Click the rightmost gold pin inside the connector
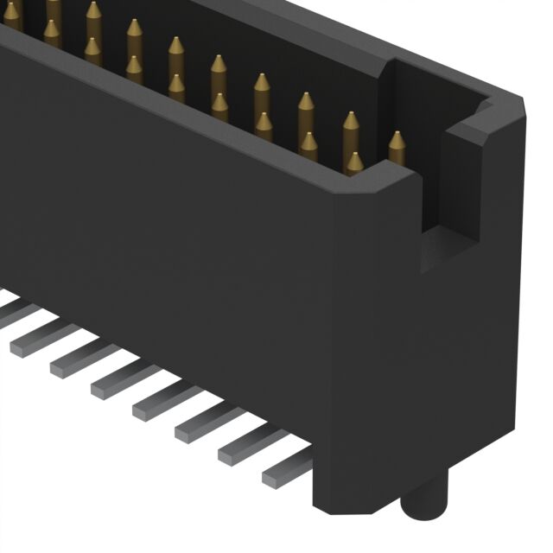click(397, 147)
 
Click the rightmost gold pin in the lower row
click(354, 163)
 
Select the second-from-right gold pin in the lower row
click(308, 146)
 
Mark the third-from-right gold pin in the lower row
click(264, 127)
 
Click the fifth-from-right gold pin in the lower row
click(176, 88)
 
